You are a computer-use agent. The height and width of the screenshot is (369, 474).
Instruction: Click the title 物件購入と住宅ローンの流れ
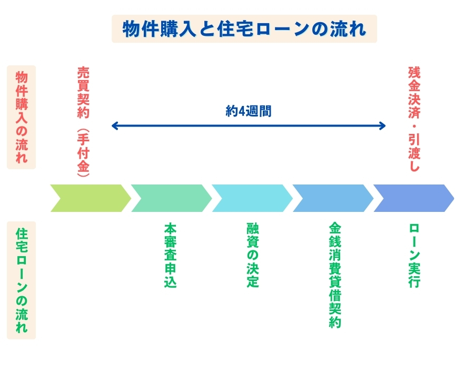pyautogui.click(x=244, y=29)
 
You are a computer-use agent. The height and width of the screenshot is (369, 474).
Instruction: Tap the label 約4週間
pyautogui.click(x=249, y=111)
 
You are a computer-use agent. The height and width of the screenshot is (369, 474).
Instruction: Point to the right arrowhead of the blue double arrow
pyautogui.click(x=382, y=126)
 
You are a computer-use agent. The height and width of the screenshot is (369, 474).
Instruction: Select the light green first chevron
pyautogui.click(x=91, y=198)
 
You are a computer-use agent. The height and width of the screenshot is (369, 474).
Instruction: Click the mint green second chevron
pyautogui.click(x=171, y=198)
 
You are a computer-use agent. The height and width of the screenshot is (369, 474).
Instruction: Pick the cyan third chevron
pyautogui.click(x=252, y=198)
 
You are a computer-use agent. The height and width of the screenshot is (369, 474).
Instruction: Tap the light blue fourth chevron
pyautogui.click(x=333, y=198)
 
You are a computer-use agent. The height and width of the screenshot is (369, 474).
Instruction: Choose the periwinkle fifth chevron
pyautogui.click(x=414, y=198)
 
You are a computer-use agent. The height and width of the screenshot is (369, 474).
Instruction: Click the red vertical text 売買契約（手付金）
pyautogui.click(x=83, y=122)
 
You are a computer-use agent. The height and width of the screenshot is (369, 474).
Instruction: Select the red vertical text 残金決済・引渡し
pyautogui.click(x=414, y=119)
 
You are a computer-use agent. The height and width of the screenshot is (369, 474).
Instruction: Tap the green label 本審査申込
pyautogui.click(x=170, y=255)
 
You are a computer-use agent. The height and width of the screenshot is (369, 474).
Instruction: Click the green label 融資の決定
pyautogui.click(x=253, y=255)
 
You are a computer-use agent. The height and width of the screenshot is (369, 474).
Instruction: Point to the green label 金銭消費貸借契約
pyautogui.click(x=335, y=275)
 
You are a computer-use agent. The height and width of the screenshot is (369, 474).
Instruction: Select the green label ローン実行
pyautogui.click(x=414, y=256)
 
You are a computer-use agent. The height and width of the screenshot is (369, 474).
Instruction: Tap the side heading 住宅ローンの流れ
pyautogui.click(x=22, y=280)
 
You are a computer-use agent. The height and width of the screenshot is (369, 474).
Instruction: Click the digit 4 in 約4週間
pyautogui.click(x=241, y=111)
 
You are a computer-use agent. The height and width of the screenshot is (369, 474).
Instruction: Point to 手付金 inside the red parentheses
pyautogui.click(x=83, y=153)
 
